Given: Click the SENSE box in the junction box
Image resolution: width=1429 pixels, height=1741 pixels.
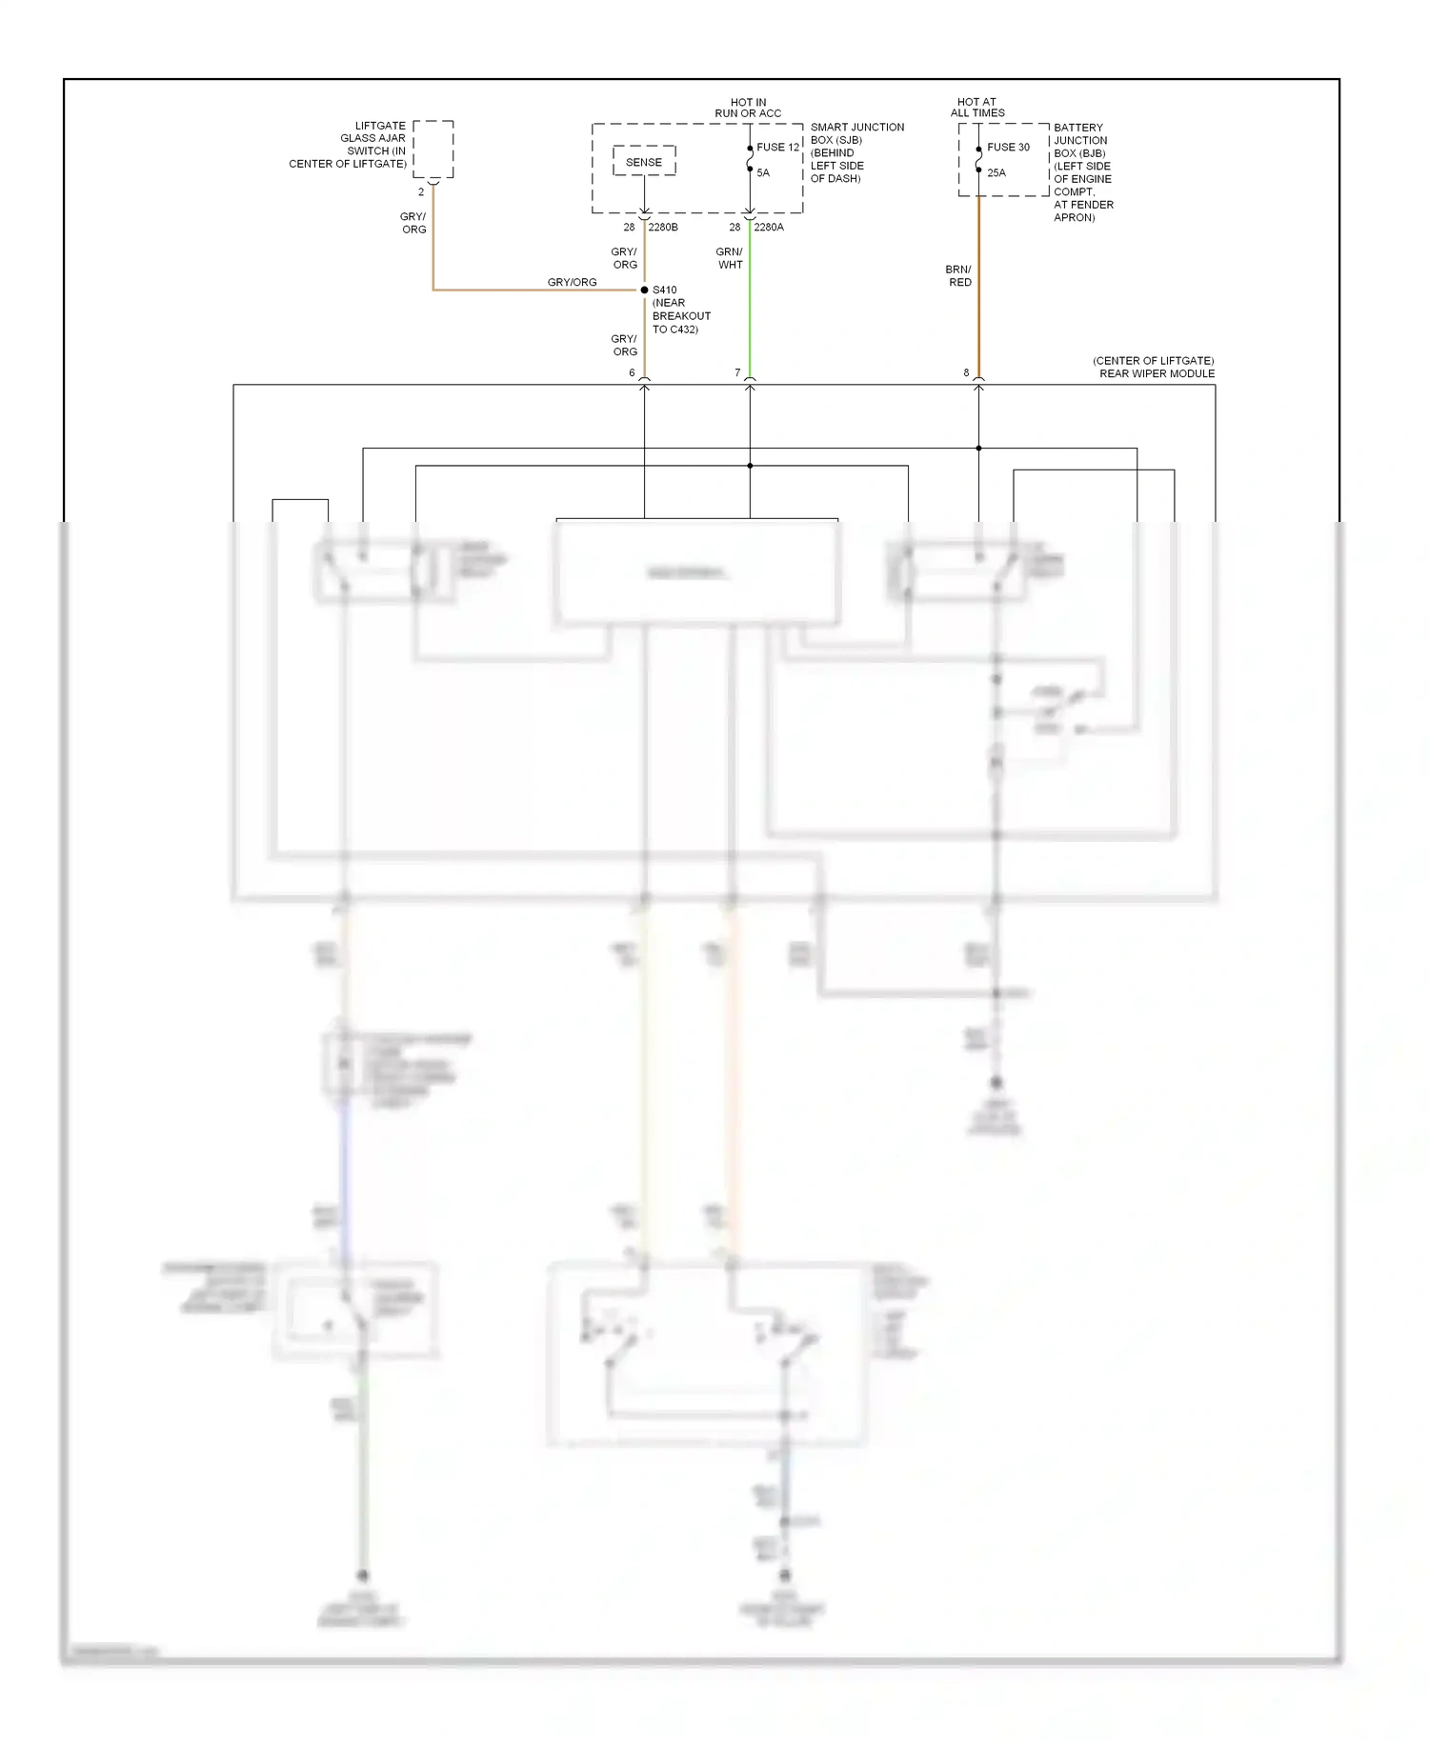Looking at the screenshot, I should (x=643, y=162).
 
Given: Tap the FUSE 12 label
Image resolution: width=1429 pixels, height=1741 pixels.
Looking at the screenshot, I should (x=777, y=148).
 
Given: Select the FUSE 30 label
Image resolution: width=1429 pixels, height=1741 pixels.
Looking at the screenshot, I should (x=1008, y=148).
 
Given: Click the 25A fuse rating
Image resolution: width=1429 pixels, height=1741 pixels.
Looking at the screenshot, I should (x=996, y=173).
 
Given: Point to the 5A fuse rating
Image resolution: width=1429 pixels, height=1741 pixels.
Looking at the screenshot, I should (x=763, y=173).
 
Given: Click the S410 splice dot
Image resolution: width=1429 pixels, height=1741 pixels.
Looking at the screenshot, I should (x=645, y=290).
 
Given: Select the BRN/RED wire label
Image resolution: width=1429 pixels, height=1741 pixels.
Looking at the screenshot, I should (x=958, y=276).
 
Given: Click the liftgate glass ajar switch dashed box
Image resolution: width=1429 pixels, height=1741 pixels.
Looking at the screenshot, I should (x=433, y=149).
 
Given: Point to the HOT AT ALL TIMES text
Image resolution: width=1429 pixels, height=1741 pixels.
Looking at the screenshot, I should (x=977, y=108).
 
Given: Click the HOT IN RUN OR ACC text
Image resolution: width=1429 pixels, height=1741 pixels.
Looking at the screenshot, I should (x=748, y=108).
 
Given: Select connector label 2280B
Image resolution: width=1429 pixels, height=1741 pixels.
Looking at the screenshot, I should (x=663, y=228).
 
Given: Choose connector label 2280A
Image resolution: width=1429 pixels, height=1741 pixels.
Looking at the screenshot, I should (x=769, y=228).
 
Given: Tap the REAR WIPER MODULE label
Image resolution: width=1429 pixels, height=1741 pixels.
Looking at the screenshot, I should (x=1157, y=373).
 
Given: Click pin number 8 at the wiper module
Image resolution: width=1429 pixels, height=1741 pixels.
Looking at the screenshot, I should (x=966, y=373).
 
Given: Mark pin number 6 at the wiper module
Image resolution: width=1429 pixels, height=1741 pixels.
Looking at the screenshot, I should (x=632, y=373).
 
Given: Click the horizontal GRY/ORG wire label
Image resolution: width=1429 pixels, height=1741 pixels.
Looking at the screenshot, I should (x=572, y=282).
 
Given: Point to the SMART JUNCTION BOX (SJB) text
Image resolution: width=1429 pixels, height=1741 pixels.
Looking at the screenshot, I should (x=856, y=133).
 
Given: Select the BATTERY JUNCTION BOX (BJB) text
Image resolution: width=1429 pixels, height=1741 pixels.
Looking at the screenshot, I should (x=1080, y=140).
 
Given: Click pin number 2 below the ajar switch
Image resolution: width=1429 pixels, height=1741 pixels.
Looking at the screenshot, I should (x=421, y=192).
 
